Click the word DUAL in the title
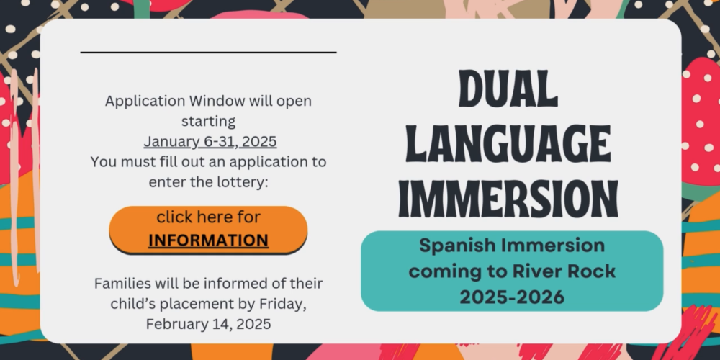click(x=508, y=89)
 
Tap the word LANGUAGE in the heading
click(x=508, y=144)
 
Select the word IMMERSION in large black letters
click(x=508, y=199)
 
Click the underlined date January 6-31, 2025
click(x=210, y=141)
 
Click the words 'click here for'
click(x=209, y=217)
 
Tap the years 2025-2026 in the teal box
click(x=512, y=297)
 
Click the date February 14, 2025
click(x=209, y=324)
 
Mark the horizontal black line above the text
click(x=209, y=53)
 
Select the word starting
click(x=209, y=122)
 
